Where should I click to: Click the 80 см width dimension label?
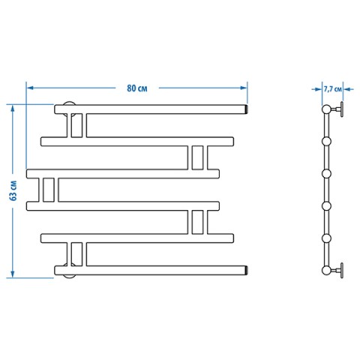[x=137, y=88]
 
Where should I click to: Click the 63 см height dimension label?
[x=13, y=190]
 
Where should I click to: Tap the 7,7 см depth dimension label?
[x=332, y=89]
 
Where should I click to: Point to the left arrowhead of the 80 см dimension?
[x=30, y=88]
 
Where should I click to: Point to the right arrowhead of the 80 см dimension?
[x=243, y=88]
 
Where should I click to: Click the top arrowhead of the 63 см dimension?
[x=13, y=109]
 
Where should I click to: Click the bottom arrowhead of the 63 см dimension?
[x=13, y=274]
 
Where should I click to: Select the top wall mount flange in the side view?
[x=341, y=109]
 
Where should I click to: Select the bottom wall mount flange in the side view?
[x=341, y=271]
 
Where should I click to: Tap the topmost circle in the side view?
[x=326, y=109]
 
